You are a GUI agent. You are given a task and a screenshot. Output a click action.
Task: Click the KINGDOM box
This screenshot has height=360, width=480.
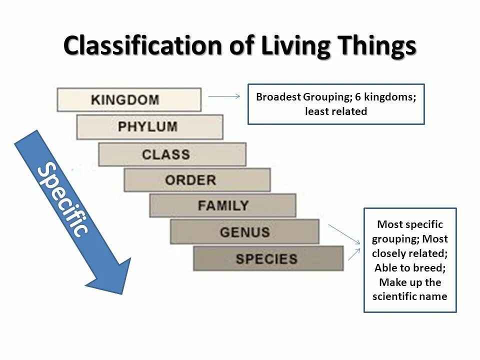coord(129,99)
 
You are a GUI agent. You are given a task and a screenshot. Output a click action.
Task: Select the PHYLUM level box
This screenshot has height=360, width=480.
coord(149,126)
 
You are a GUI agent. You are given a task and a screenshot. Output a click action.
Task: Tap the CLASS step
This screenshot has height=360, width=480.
coord(172,154)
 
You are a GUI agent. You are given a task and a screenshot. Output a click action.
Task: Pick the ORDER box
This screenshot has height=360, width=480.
coord(197,180)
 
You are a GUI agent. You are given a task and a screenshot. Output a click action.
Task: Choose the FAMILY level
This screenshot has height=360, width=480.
coord(222,205)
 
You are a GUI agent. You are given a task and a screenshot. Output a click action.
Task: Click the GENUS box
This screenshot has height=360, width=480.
coord(244,232)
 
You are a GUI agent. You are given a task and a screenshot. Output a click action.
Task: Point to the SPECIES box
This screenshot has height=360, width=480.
coord(268,258)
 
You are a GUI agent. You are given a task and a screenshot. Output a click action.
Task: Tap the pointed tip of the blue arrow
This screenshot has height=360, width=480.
coord(120,292)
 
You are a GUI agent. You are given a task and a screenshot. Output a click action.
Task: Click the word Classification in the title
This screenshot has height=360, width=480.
coord(142,46)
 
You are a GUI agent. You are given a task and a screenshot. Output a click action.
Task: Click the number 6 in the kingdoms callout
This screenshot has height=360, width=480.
coord(358,97)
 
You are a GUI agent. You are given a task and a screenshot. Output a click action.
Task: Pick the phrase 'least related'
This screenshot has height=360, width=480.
coord(336,111)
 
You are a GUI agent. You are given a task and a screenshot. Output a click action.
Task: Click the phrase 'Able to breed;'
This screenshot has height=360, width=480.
coord(410,267)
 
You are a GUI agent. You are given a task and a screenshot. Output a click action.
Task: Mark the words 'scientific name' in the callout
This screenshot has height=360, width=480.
coord(410,296)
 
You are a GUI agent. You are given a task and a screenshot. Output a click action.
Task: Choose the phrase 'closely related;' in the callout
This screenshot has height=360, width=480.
coord(410,253)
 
